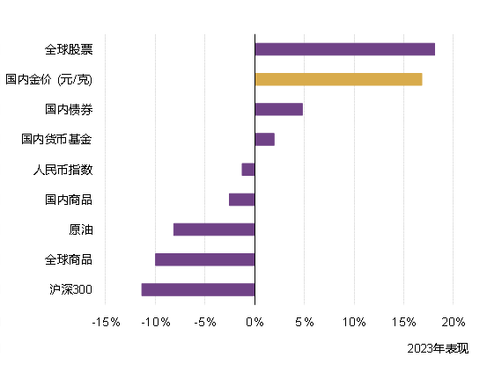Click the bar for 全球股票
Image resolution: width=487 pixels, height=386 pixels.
pos(344,49)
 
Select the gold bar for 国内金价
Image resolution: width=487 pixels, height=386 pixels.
pos(338,79)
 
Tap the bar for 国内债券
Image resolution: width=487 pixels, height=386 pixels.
pos(278,109)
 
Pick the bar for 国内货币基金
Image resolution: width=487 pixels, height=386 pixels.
pos(264,139)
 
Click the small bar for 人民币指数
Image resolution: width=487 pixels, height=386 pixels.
pos(248,170)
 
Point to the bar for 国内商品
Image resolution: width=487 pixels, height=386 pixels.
pos(241,200)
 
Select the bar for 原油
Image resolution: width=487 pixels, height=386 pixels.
pos(214,229)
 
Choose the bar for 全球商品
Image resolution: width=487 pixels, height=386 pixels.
pos(204,259)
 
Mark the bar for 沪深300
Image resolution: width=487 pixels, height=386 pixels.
pos(198,289)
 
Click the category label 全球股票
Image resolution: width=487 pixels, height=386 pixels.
pos(69,49)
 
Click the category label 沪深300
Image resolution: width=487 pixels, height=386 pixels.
pos(71,289)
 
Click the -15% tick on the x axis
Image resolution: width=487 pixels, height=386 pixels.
pos(106,322)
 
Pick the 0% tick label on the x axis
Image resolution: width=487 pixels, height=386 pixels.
pos(255,322)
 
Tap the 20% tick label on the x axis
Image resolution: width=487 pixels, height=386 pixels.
pos(453,322)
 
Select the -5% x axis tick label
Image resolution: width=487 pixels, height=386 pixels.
pos(204,322)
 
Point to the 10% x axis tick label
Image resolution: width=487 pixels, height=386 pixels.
pos(354,322)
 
